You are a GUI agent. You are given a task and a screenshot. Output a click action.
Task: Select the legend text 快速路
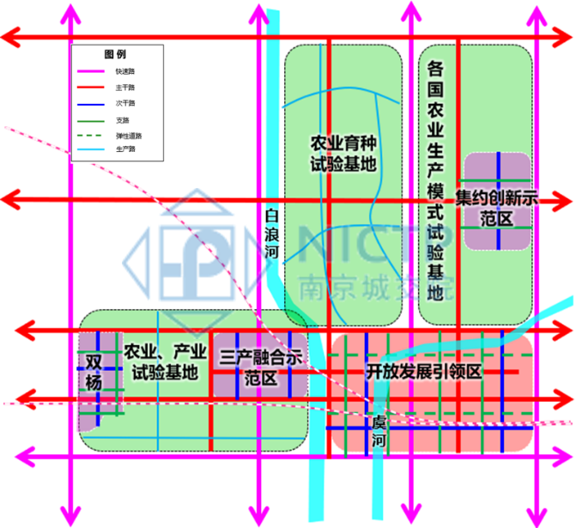pyautogui.click(x=125, y=71)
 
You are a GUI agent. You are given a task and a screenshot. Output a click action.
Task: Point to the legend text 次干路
pyautogui.click(x=125, y=103)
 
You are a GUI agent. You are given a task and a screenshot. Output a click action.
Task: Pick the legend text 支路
pyautogui.click(x=123, y=119)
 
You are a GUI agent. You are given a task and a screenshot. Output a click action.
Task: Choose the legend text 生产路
pyautogui.click(x=125, y=149)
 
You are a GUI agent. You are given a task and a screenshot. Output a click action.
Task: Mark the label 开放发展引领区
pyautogui.click(x=426, y=372)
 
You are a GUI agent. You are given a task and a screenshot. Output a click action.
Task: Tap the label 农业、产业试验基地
pyautogui.click(x=165, y=362)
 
